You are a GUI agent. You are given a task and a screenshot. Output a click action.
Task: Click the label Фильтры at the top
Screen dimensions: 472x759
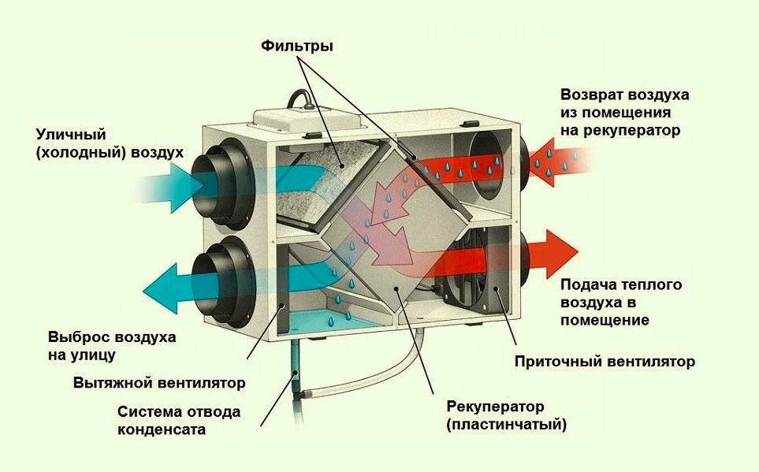[x=297, y=46]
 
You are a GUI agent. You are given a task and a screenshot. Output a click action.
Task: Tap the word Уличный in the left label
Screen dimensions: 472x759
[x=70, y=135]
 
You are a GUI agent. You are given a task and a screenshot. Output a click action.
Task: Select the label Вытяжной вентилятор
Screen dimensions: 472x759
[x=159, y=383]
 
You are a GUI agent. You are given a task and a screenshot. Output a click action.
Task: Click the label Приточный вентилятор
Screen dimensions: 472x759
[x=605, y=362]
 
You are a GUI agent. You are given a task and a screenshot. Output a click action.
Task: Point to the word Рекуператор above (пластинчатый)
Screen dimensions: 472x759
[x=495, y=407]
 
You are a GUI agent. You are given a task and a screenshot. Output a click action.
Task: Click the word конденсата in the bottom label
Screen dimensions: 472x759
[x=162, y=430]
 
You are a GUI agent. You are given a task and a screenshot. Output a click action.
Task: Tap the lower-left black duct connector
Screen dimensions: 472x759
[x=225, y=277]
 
